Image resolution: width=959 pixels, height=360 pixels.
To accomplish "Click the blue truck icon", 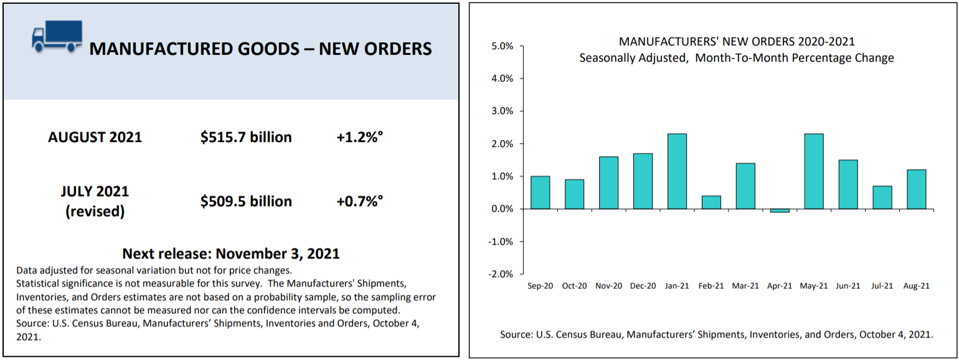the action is [x=57, y=36].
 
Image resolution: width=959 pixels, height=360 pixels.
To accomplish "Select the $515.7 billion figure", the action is [x=246, y=137].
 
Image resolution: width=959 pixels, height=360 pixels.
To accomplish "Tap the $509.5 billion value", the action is [x=246, y=201].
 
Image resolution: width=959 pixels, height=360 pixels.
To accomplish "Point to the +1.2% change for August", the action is [x=359, y=137].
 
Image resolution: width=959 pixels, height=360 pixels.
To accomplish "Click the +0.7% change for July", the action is [x=359, y=201].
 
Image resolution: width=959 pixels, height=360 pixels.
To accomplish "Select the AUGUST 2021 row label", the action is [x=95, y=137].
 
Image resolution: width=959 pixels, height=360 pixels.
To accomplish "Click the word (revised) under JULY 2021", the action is [x=95, y=211].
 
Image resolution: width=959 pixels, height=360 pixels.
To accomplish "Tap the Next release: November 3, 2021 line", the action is [x=231, y=253].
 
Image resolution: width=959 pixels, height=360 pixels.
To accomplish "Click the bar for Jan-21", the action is [x=677, y=171].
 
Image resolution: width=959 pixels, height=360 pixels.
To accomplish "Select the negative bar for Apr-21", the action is [x=780, y=211].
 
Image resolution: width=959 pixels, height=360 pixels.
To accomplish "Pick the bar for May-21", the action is [x=814, y=171].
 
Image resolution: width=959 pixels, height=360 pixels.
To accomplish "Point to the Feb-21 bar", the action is [x=711, y=202].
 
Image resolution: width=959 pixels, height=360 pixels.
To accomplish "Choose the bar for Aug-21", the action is [x=917, y=189].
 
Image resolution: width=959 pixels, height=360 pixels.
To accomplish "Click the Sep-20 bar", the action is [x=541, y=192].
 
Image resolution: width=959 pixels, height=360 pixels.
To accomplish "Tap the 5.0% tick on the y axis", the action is [x=502, y=46].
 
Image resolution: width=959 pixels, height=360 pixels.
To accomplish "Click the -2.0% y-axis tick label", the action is [x=501, y=274].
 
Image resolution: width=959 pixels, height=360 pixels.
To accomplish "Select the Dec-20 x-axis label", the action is [x=643, y=286].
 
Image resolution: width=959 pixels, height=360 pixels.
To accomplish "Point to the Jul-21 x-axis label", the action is [x=882, y=286].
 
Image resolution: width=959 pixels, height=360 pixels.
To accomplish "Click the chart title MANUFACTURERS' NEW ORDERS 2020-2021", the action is [x=737, y=42].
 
